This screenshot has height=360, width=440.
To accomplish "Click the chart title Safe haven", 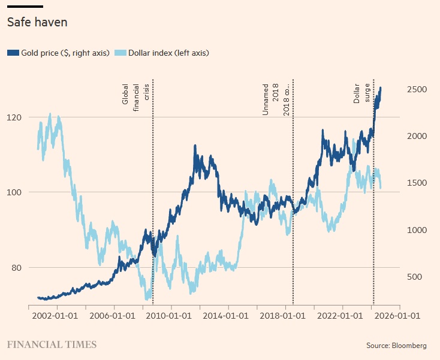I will coord(37,22).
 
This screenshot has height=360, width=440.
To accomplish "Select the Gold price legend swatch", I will coord(13,53).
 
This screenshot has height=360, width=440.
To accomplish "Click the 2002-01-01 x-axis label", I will coord(56,314).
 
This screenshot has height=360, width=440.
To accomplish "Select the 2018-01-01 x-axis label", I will coord(285,314).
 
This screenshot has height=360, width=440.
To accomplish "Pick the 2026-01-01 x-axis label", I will coord(400,314).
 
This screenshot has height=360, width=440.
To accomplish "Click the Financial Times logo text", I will coord(52,344).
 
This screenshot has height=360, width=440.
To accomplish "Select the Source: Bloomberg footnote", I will coord(396,346).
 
